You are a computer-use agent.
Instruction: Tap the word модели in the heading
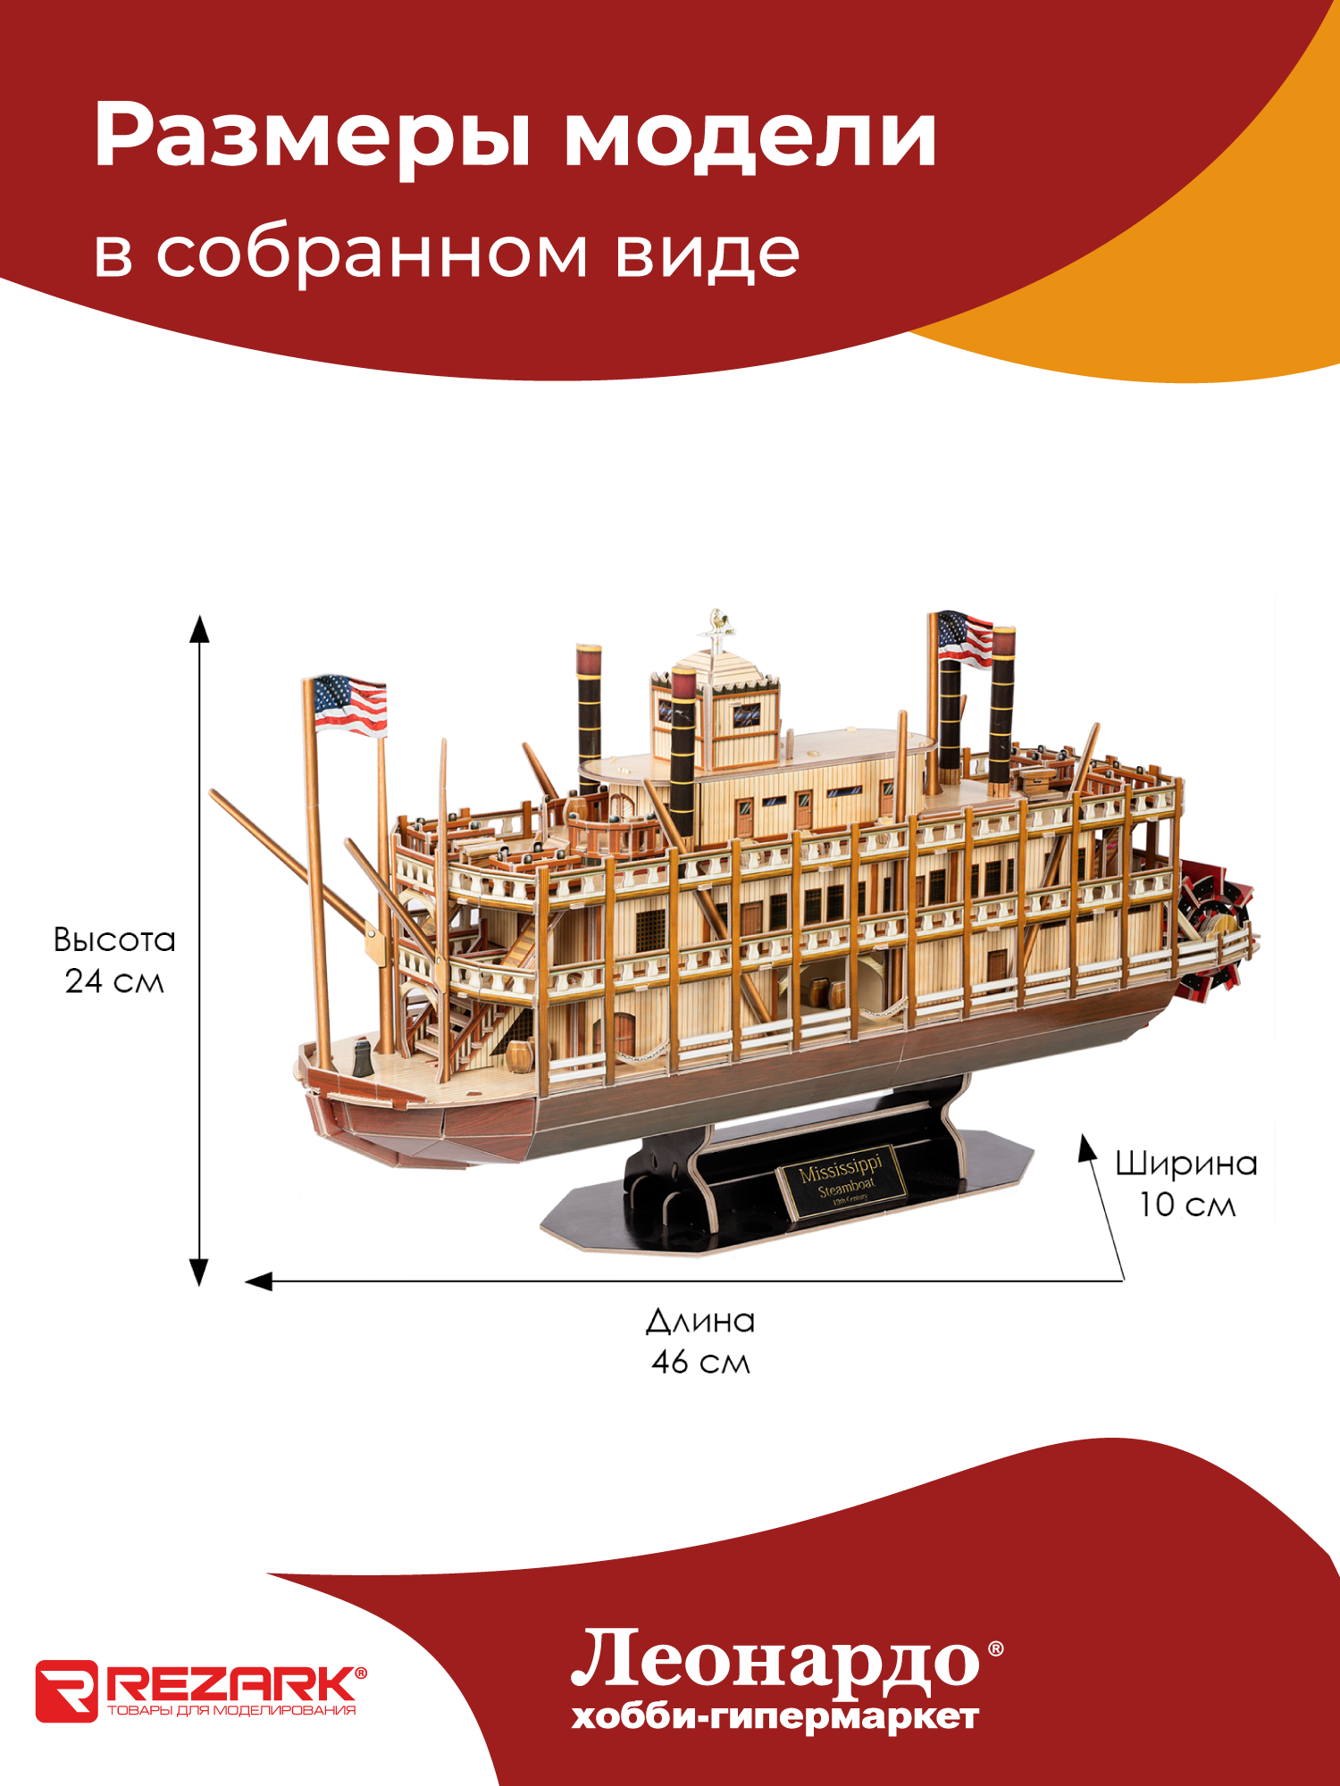[750, 137]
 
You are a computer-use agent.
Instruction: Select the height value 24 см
[114, 981]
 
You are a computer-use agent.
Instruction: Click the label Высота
[114, 939]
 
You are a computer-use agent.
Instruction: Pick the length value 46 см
[700, 1362]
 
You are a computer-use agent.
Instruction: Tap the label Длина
[700, 1321]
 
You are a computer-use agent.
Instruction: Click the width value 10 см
[1186, 1205]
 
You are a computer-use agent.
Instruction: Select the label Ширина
[1186, 1163]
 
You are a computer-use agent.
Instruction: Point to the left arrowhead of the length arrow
[259, 1281]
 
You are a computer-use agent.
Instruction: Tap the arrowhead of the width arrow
[1087, 1148]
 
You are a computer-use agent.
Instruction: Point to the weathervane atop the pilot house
[717, 623]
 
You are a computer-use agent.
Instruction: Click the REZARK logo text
[230, 1684]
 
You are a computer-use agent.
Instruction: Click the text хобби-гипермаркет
[775, 1717]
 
